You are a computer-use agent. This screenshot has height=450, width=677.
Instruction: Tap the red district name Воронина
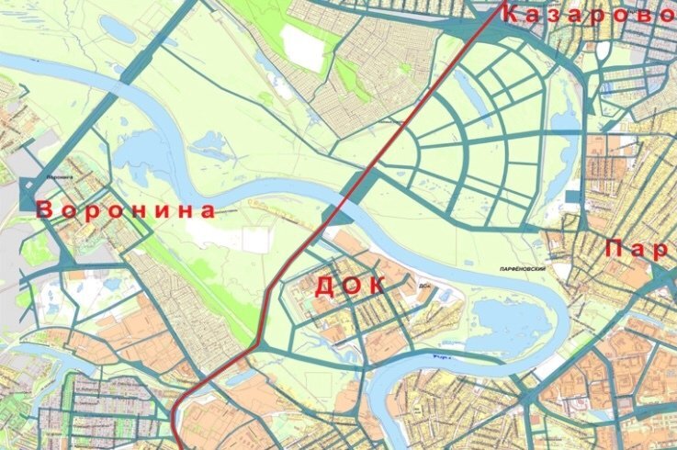click(x=128, y=210)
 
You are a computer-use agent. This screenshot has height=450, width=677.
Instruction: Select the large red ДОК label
click(x=349, y=286)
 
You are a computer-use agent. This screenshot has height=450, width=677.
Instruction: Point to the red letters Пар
click(x=639, y=249)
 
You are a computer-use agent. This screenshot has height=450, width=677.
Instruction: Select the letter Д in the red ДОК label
click(x=324, y=287)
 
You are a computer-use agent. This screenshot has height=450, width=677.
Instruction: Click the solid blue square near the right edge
click(x=574, y=197)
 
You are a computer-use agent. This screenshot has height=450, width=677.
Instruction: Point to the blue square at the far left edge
click(x=26, y=195)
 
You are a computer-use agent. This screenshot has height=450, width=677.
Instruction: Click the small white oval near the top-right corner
click(x=602, y=51)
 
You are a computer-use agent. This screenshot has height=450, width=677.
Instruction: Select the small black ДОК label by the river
click(x=423, y=284)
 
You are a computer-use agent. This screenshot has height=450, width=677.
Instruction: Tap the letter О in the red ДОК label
click(x=350, y=286)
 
